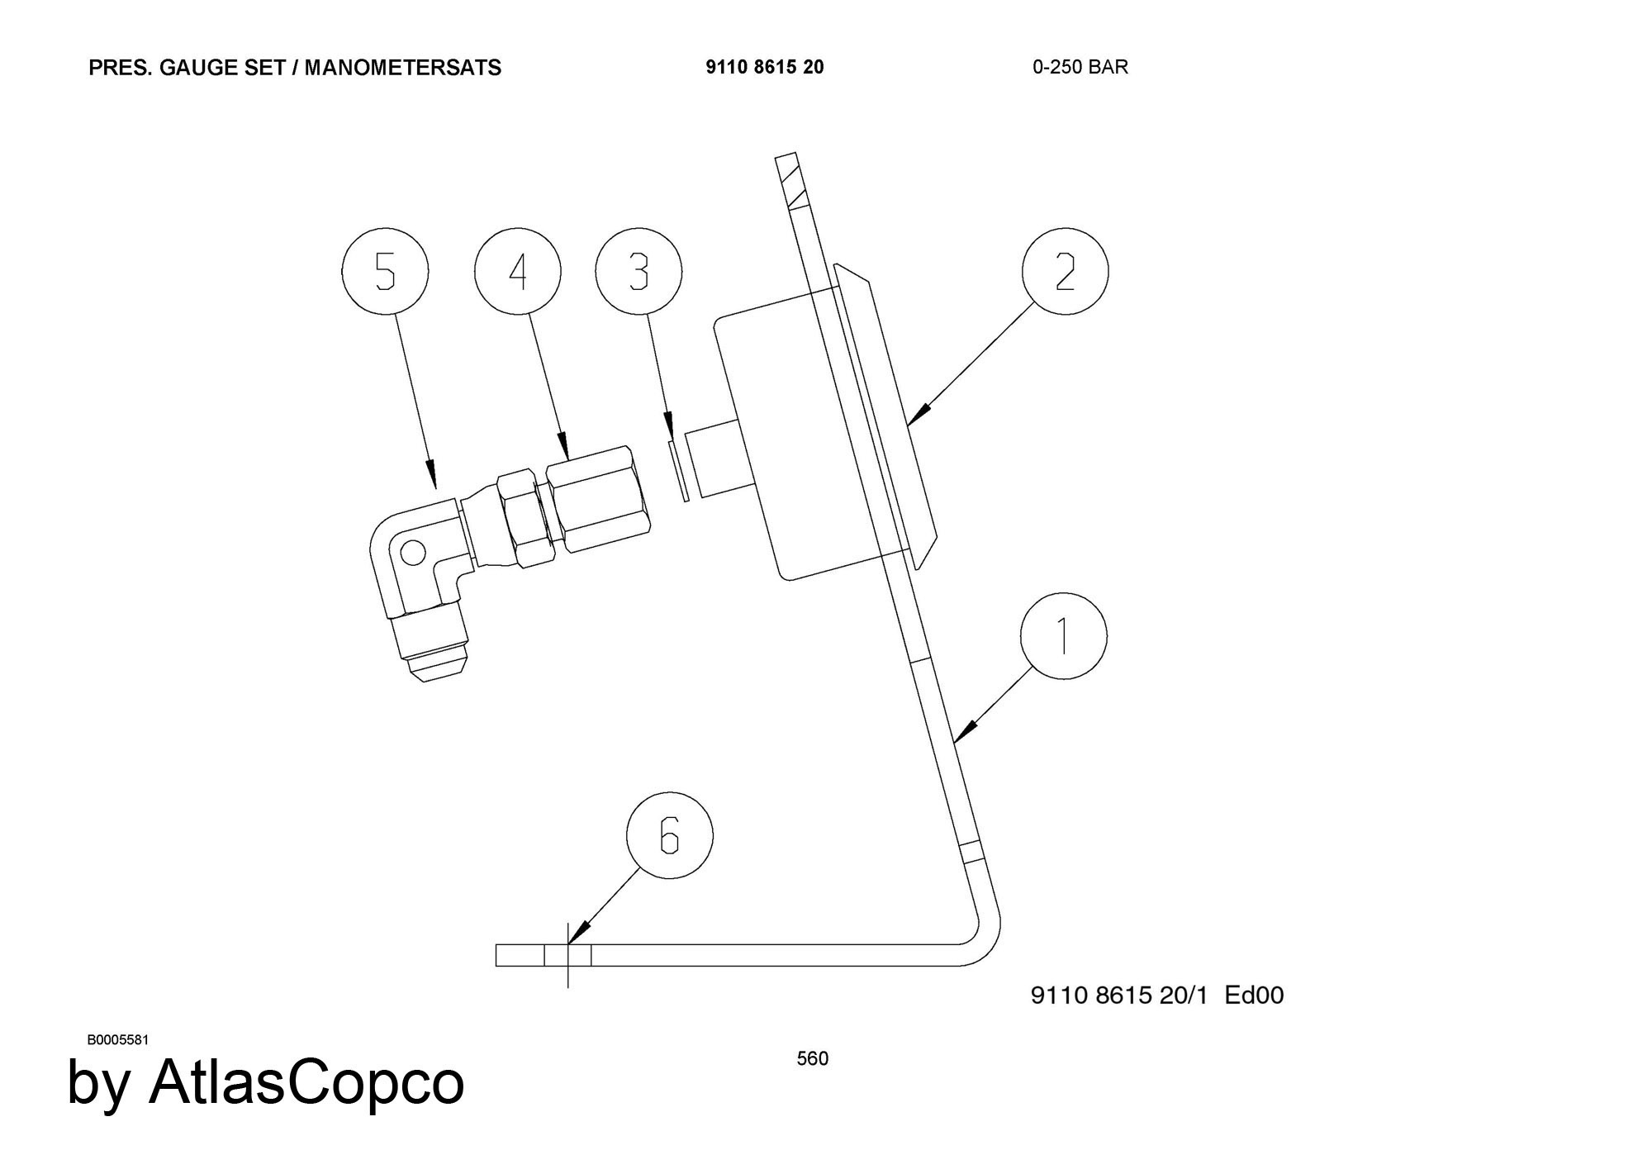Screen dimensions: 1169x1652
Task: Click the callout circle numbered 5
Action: [x=385, y=272]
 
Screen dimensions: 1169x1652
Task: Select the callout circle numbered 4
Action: [x=518, y=272]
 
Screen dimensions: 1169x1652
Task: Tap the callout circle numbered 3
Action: [x=638, y=272]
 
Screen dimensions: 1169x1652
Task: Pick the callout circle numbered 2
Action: [x=1065, y=272]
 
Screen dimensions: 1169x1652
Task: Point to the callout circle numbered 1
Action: [x=1063, y=636]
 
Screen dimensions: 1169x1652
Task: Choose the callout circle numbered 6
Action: [x=669, y=835]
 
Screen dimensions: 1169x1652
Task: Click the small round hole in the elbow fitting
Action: [x=412, y=552]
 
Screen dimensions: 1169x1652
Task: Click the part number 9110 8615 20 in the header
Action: [x=764, y=67]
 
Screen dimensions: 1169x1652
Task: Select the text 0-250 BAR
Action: [x=1080, y=67]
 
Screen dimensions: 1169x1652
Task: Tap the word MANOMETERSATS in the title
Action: [x=402, y=67]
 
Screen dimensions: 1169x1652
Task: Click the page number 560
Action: [x=812, y=1058]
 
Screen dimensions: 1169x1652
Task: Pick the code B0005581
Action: [x=118, y=1039]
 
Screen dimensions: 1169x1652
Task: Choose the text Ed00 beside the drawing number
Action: [x=1254, y=995]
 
